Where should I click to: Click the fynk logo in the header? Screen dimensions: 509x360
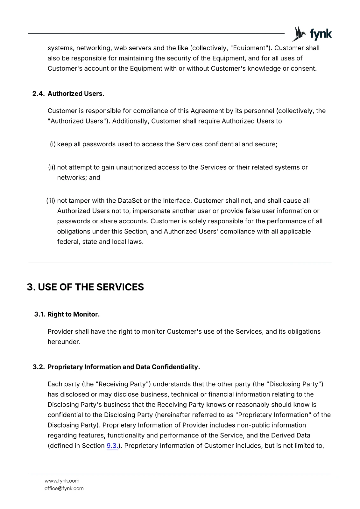(312, 34)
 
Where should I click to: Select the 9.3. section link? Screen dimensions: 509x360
(112, 446)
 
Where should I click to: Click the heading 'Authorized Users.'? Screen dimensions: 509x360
(76, 94)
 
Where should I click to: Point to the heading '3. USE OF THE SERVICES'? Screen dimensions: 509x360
(85, 287)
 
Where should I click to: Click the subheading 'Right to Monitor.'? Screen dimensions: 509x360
(74, 314)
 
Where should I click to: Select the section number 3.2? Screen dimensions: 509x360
(39, 367)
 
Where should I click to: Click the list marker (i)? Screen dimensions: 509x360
(53, 144)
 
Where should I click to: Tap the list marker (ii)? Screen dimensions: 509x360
(52, 167)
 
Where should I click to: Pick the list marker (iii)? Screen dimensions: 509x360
(51, 201)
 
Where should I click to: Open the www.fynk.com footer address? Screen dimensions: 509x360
(62, 481)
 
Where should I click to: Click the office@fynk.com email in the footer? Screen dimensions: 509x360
(64, 488)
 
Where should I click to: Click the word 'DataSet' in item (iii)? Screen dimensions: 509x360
(130, 201)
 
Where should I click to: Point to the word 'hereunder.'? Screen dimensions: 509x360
(64, 342)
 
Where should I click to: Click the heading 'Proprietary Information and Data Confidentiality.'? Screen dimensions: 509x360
(124, 367)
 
